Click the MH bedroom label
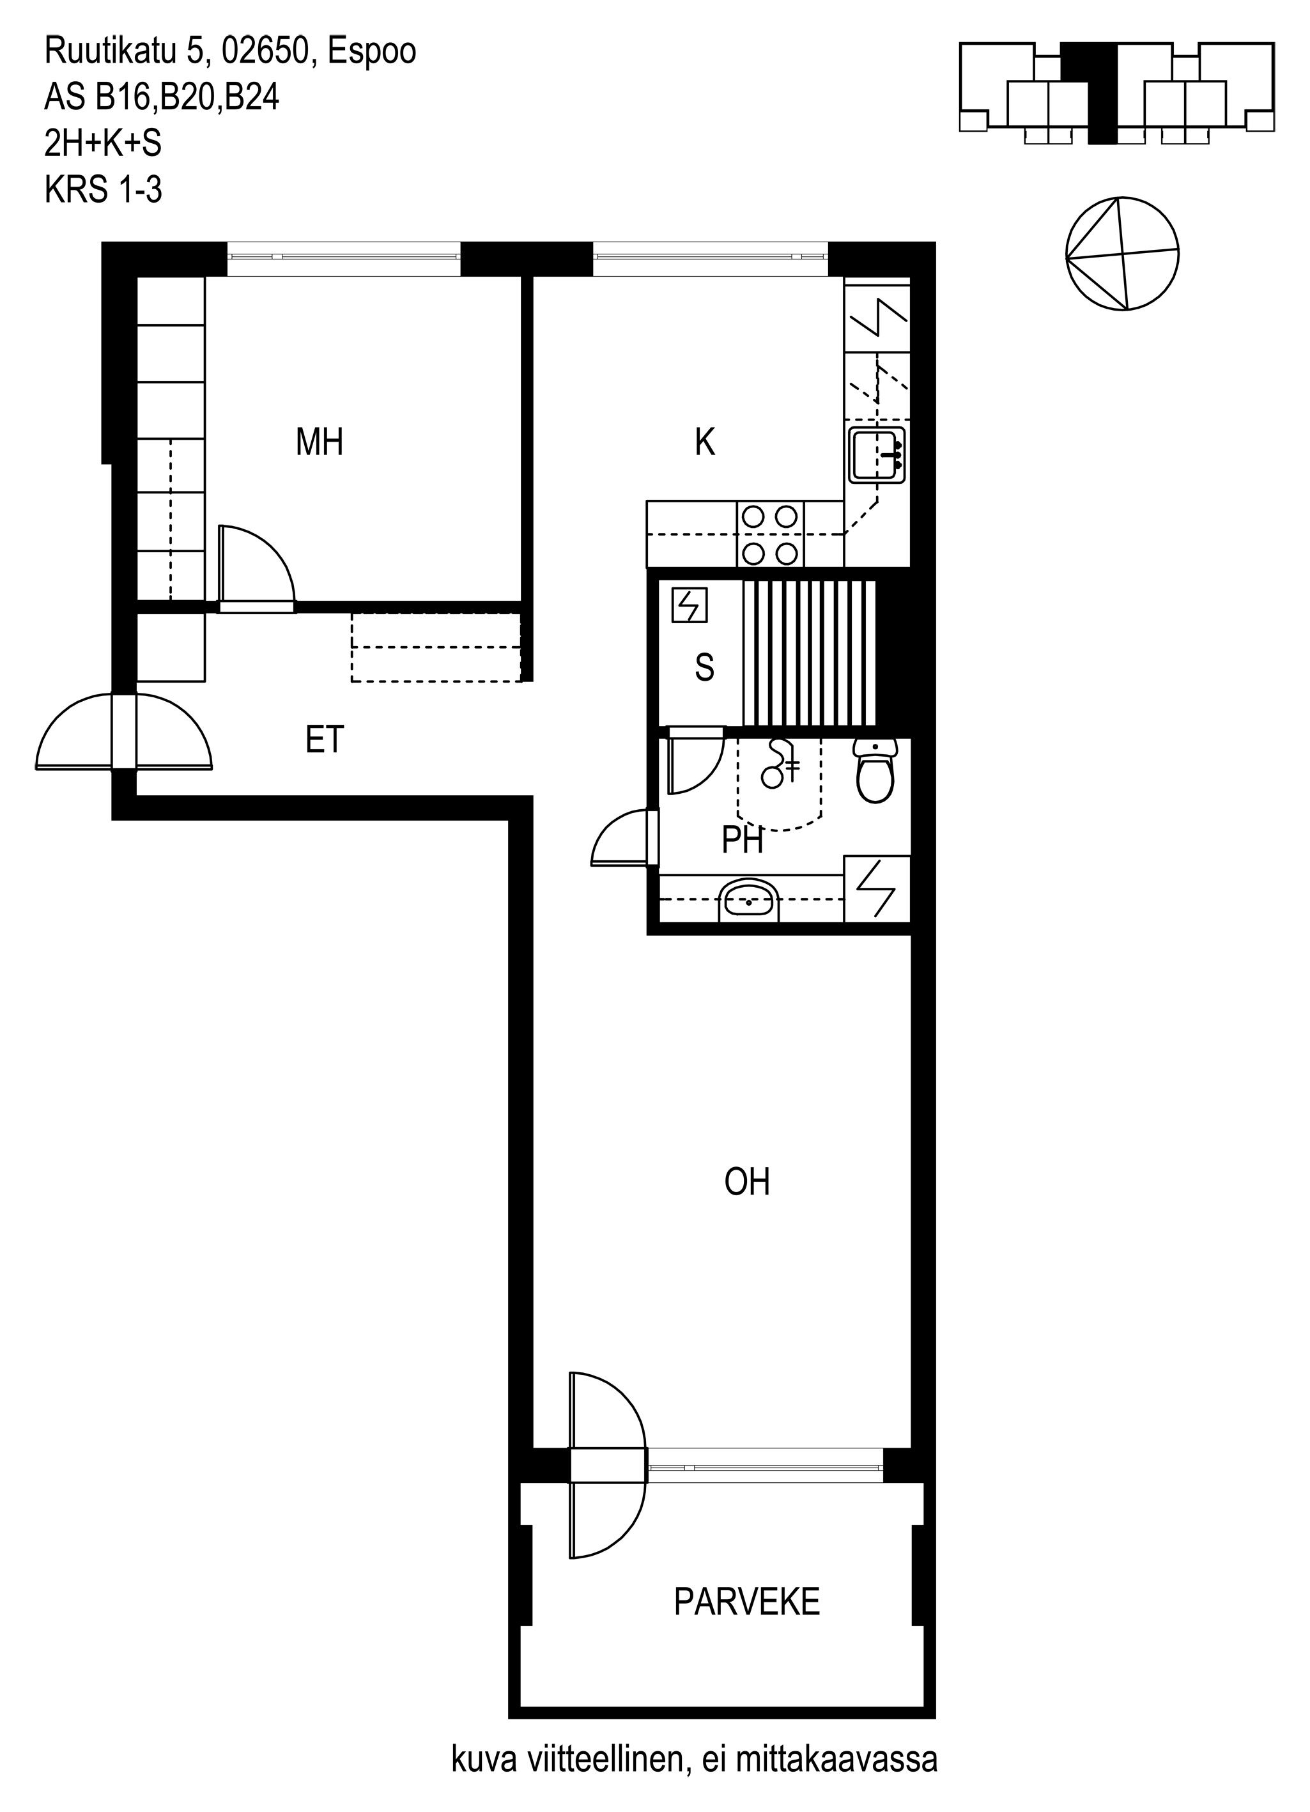click(x=320, y=442)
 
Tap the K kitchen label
click(x=704, y=442)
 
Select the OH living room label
click(x=747, y=1182)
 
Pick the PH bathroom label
click(x=742, y=840)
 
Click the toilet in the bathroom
click(x=876, y=770)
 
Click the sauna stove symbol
click(x=690, y=605)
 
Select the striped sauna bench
click(x=809, y=652)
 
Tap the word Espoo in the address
click(x=372, y=52)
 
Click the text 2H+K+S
click(x=103, y=144)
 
